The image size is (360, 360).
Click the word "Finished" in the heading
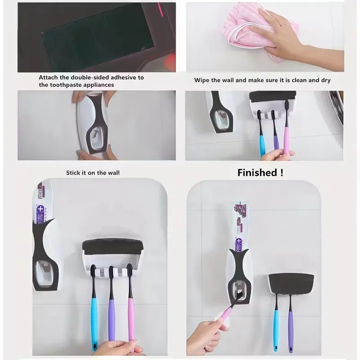[257, 173]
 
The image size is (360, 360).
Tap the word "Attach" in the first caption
[49, 77]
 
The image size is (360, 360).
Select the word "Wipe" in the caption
[202, 80]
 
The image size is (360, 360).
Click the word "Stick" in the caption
[73, 173]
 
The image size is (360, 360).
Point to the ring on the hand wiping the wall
[283, 24]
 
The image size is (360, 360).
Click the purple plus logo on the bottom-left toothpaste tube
[40, 209]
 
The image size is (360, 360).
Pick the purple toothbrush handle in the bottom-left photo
[112, 319]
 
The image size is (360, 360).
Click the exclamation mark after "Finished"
[282, 173]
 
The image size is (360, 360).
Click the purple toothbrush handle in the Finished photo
[291, 331]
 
